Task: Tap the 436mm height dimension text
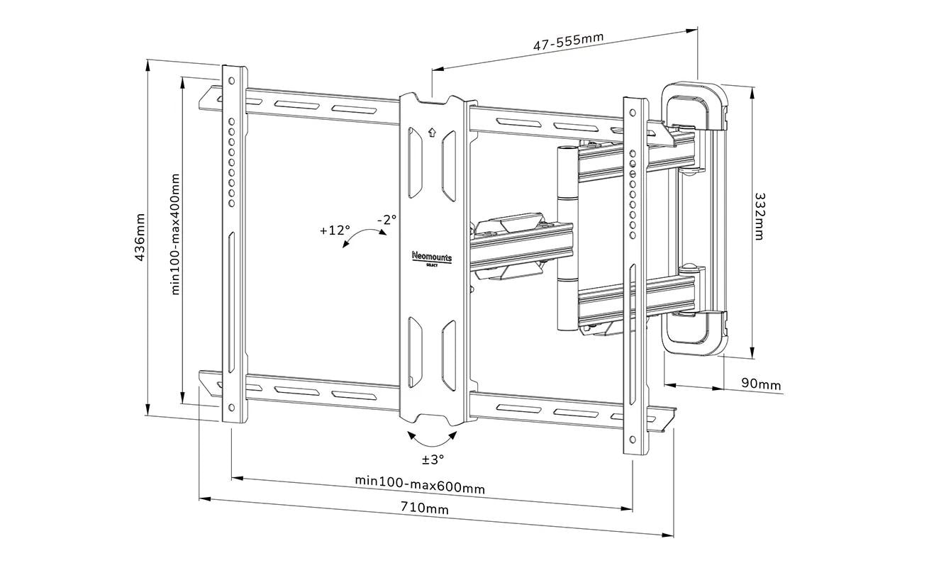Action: [x=140, y=237]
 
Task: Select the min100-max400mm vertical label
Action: [x=176, y=235]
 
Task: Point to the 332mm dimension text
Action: [x=760, y=216]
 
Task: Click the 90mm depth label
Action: [x=761, y=384]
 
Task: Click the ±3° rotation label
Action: [x=433, y=459]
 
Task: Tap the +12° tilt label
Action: [x=335, y=230]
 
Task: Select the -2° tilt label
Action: [x=386, y=220]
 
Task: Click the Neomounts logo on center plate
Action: [x=432, y=257]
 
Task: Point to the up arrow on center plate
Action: [x=432, y=132]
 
